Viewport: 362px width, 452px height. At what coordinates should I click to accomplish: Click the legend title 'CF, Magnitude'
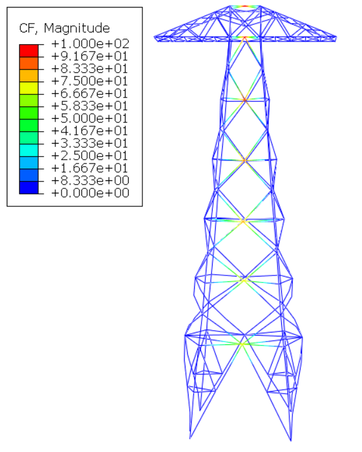pos(64,28)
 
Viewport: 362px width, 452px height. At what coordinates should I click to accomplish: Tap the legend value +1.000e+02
pos(90,44)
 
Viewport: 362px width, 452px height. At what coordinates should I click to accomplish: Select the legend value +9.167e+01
pos(90,56)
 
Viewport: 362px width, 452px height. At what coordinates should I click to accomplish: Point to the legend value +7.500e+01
pos(90,81)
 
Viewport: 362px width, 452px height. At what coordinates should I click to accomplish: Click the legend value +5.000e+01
pos(90,118)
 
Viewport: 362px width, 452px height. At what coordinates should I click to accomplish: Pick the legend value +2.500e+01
pos(90,155)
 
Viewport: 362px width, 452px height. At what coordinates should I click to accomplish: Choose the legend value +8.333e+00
pos(90,180)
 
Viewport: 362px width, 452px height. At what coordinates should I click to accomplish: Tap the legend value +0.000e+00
pos(90,193)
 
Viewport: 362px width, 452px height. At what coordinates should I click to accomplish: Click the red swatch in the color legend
pos(29,51)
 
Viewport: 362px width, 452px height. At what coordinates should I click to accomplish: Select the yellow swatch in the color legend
pos(29,88)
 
